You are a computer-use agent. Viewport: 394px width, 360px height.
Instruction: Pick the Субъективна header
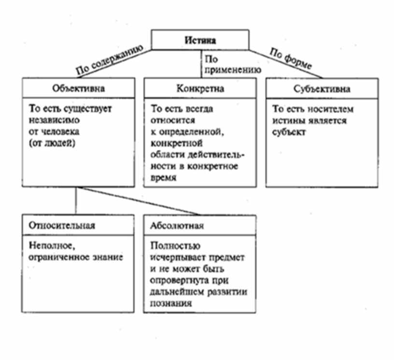point(322,89)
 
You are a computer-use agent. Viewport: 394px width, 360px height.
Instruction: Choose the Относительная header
point(62,226)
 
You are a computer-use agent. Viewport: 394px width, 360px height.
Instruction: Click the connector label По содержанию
point(108,59)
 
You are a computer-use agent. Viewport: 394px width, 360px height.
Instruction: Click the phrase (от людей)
point(46,144)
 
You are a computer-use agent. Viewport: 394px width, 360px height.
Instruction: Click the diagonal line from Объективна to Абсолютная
point(140,201)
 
